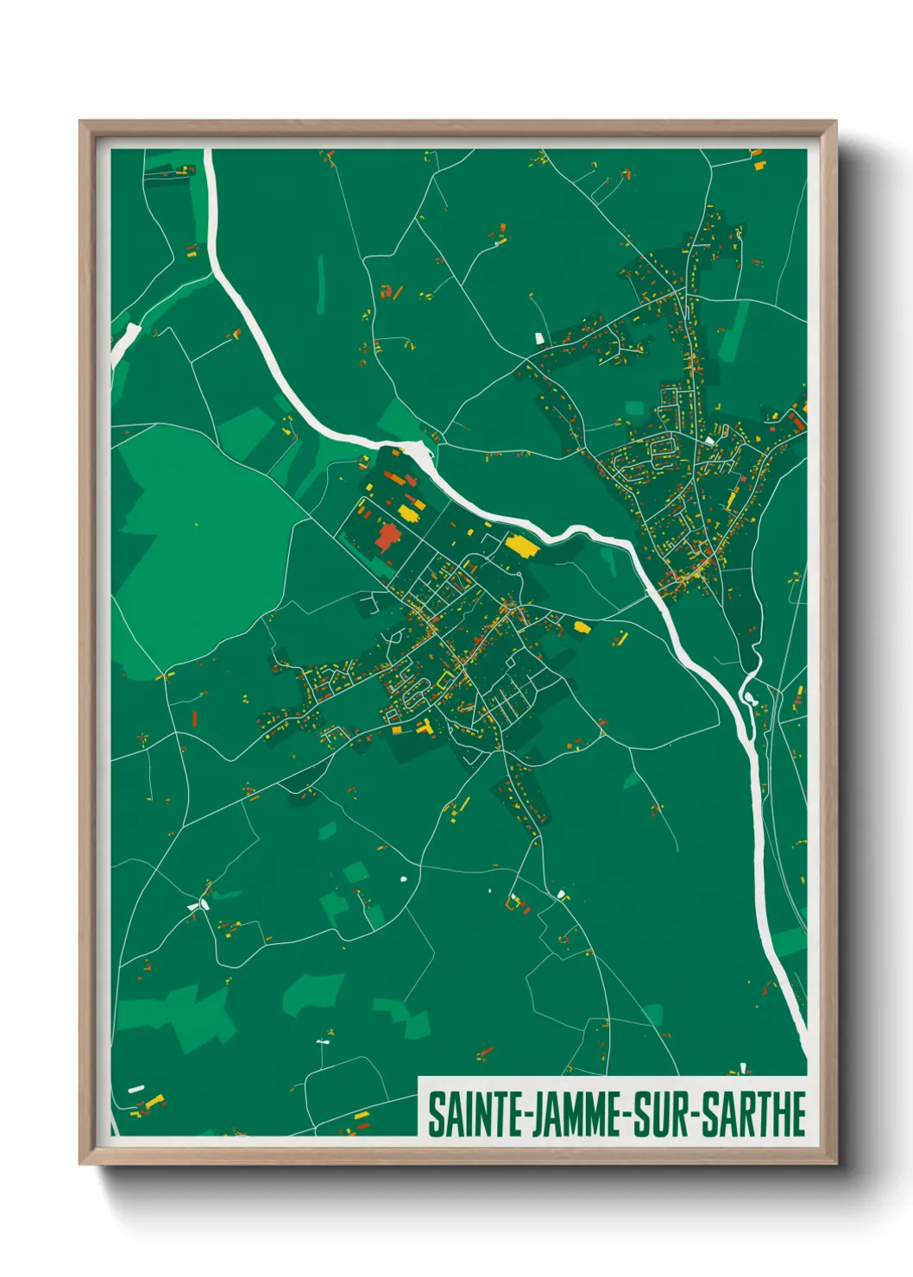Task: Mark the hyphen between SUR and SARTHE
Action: click(693, 1116)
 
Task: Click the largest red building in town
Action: click(387, 538)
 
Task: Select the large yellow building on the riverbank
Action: click(520, 545)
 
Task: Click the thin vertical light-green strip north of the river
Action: click(321, 285)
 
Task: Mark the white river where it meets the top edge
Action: click(208, 155)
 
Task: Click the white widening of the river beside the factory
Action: click(418, 451)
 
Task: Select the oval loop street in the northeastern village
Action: click(662, 448)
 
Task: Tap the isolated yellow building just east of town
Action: click(581, 626)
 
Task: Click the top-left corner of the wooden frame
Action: click(81, 123)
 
